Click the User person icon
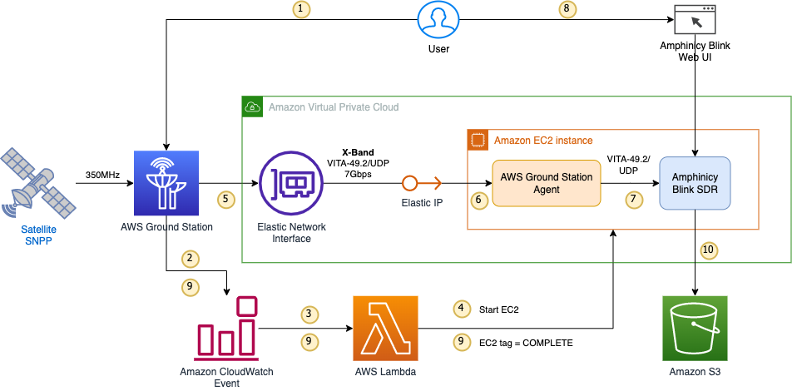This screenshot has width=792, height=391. [x=438, y=21]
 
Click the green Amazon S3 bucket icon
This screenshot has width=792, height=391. [x=693, y=329]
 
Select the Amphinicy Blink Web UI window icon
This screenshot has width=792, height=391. [x=695, y=20]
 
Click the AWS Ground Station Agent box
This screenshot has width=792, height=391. [x=546, y=184]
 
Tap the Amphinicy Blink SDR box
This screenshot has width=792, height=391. [x=695, y=184]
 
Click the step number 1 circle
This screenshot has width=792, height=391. [x=302, y=9]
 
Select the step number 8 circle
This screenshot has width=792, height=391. [x=568, y=9]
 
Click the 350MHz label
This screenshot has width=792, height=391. [x=103, y=176]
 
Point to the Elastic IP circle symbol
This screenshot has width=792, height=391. [x=408, y=183]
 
